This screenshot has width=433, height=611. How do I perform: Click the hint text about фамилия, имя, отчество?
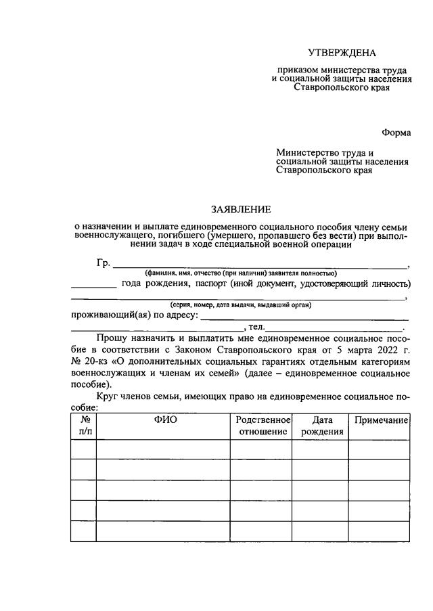point(241,273)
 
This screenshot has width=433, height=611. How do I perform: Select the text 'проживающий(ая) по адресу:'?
point(135,315)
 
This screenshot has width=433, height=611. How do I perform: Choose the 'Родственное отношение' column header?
point(261,426)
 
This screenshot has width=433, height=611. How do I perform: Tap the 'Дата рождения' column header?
point(320,426)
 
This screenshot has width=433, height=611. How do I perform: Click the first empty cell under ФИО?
point(163,449)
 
